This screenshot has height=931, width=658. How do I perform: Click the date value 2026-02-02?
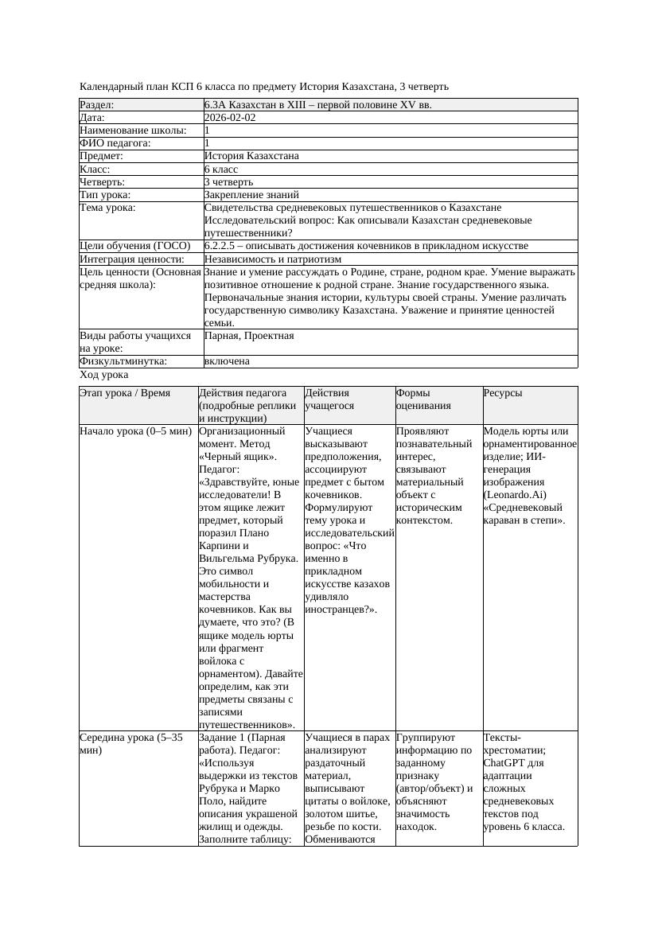tap(230, 117)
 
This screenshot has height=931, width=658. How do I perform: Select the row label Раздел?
tap(97, 104)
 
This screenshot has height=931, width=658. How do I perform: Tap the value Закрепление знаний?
tap(251, 194)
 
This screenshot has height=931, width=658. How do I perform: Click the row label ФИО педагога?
tap(115, 143)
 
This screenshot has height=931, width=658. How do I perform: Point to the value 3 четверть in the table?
tap(231, 181)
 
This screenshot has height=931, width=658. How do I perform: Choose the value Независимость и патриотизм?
tap(272, 259)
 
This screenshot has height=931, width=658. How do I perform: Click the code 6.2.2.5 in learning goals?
tap(223, 246)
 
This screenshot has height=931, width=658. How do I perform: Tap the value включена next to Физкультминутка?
tap(227, 361)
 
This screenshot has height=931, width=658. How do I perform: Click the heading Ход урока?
tap(104, 375)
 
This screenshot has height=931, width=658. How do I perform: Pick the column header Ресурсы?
tap(503, 393)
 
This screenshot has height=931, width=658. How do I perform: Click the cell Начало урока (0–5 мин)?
tap(135, 431)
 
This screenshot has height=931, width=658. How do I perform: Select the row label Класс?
tap(95, 169)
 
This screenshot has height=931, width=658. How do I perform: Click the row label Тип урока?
tap(104, 194)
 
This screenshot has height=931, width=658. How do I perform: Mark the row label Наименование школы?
tap(133, 130)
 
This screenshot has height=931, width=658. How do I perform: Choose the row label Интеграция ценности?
tap(131, 259)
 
